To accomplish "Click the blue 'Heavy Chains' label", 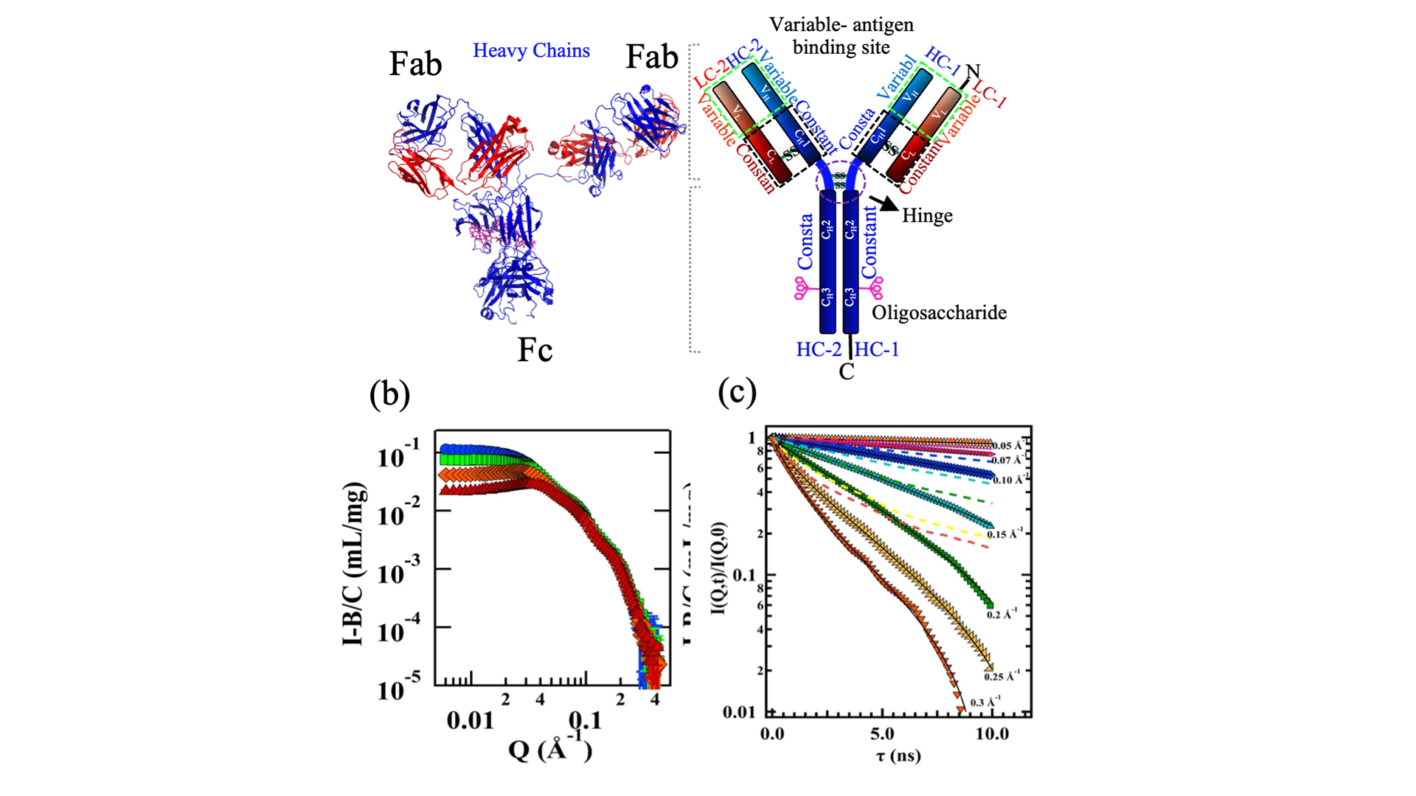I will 531,50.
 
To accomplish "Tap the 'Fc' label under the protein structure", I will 535,350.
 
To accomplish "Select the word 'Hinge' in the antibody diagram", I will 927,215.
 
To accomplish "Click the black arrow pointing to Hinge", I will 884,203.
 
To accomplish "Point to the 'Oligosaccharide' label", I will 939,313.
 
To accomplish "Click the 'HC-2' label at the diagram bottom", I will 818,349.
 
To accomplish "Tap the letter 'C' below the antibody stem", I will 847,372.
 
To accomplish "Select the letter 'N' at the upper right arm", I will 973,71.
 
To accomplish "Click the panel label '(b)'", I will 389,394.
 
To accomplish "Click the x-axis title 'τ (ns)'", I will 898,755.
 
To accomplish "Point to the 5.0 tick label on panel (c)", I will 882,734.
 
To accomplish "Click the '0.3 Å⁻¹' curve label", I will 985,702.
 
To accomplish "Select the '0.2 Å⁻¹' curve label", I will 1002,614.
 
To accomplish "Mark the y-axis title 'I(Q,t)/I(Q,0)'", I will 719,568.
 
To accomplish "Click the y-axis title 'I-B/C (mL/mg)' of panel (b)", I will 354,564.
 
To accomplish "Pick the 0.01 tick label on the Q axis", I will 470,720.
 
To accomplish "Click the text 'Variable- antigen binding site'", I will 841,35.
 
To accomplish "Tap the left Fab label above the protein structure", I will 415,64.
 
